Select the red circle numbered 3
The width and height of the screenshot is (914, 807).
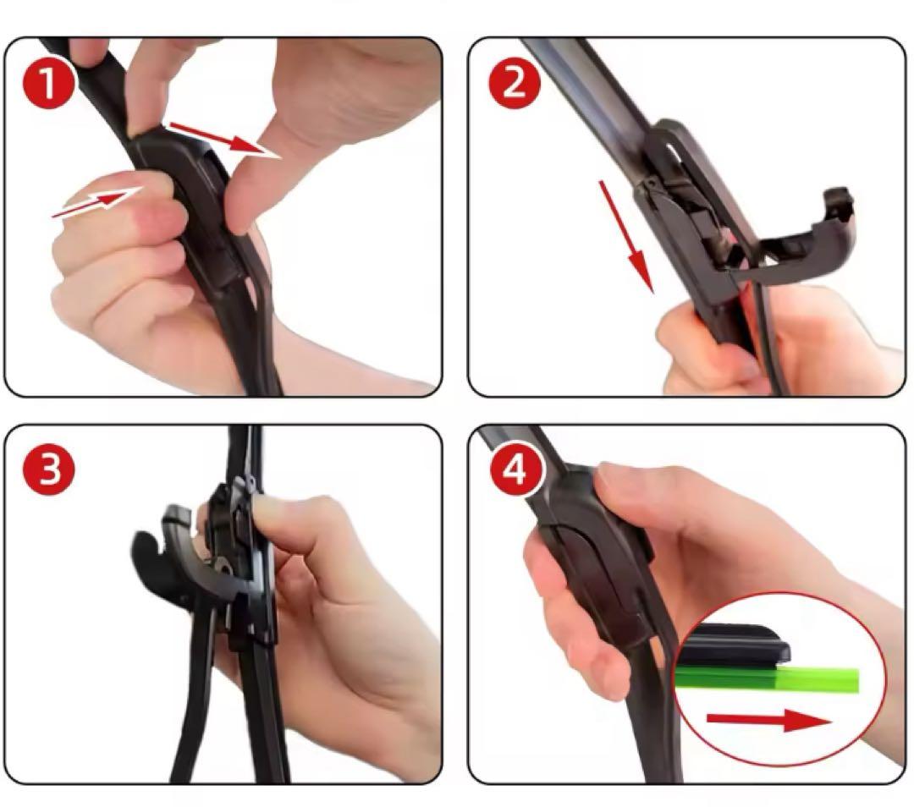(48, 469)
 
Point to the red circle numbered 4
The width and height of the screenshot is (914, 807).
(515, 469)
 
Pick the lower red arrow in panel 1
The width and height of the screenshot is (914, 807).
(96, 201)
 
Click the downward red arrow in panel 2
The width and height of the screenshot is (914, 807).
(627, 237)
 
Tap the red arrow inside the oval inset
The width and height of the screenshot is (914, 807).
(769, 720)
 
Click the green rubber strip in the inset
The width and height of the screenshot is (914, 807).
(767, 679)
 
